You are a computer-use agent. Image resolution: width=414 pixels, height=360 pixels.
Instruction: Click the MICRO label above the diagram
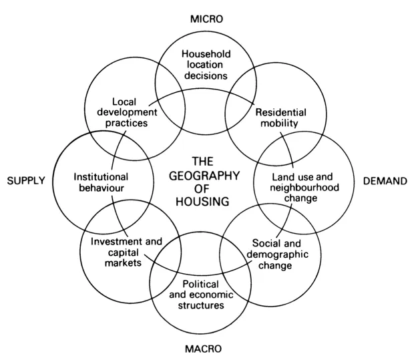tap(206, 19)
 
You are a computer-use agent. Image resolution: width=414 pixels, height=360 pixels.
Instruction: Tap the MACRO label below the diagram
tap(204, 348)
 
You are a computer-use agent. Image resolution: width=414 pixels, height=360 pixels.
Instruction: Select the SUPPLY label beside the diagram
tap(25, 180)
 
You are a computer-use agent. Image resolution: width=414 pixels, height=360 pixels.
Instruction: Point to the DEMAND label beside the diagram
tap(386, 180)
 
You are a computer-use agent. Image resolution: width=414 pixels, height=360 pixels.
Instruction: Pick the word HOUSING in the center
tap(210, 201)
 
